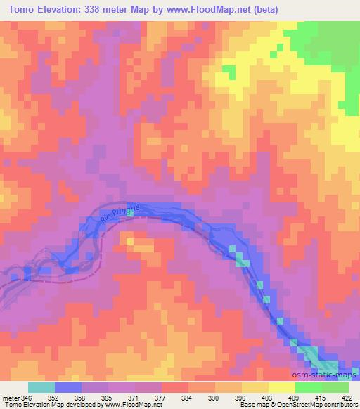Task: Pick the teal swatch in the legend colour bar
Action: click(x=41, y=387)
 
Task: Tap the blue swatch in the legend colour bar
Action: click(x=68, y=387)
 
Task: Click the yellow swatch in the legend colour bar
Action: click(x=282, y=387)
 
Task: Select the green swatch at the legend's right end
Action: click(x=335, y=387)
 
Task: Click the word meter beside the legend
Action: click(x=11, y=398)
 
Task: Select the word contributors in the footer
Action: click(x=336, y=405)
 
